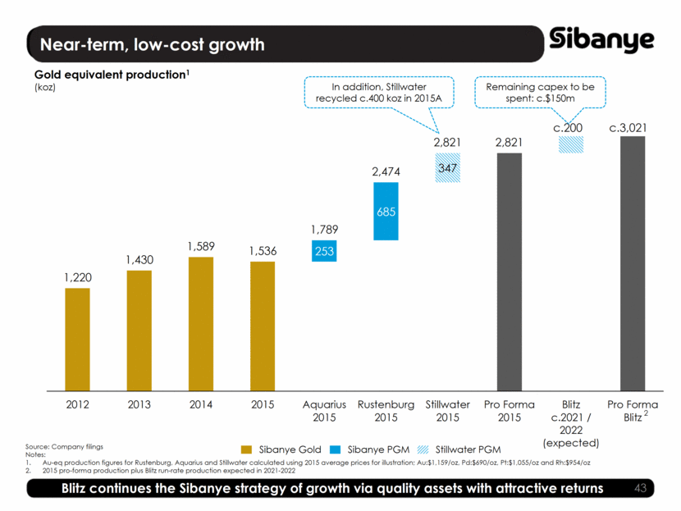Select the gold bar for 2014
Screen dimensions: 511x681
tap(200, 323)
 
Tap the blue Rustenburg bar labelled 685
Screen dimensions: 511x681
tap(386, 212)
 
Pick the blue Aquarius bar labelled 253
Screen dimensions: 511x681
tap(324, 250)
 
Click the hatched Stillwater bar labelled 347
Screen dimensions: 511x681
tap(447, 167)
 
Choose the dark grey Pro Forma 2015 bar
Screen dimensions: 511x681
tap(509, 271)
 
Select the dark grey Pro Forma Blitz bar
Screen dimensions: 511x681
tap(632, 263)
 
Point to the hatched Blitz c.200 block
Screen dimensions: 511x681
tap(570, 144)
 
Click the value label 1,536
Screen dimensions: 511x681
tap(262, 253)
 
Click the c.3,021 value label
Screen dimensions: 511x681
tap(632, 128)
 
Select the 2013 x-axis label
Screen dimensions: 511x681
tap(139, 404)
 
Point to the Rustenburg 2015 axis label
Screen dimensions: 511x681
tap(386, 411)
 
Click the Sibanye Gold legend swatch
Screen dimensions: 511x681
tap(246, 449)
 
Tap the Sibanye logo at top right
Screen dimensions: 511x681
tap(602, 39)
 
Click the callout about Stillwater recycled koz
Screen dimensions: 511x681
tap(374, 92)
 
